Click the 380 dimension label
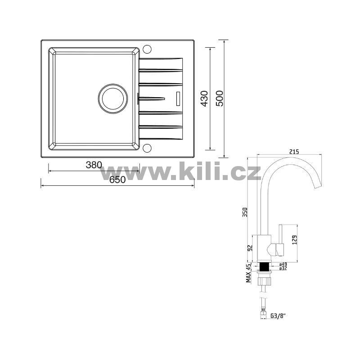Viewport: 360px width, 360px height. coord(94,165)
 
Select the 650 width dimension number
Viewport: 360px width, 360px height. coord(117,180)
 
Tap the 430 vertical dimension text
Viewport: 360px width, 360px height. coord(204,99)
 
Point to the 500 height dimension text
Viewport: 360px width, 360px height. coord(220,99)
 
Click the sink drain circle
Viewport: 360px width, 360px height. coord(113,99)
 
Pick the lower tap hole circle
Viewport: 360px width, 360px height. coord(147,148)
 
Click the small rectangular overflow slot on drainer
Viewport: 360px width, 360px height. coord(178,99)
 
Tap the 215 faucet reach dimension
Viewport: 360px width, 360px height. coord(294,152)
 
